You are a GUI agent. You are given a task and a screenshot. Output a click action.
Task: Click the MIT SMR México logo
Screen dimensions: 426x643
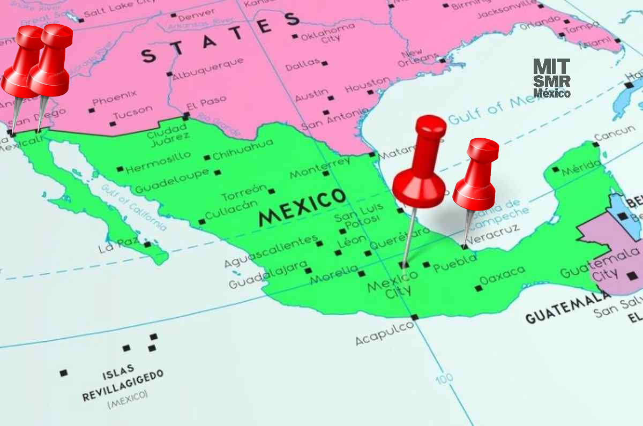pos(552,78)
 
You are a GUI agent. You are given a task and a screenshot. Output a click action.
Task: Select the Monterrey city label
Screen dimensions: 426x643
pos(319,167)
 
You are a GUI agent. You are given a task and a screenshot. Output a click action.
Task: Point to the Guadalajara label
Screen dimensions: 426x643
pos(268,274)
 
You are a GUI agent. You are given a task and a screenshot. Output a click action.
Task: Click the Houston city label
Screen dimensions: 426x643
pos(368,84)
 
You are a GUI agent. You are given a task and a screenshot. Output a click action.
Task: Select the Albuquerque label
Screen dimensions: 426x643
pos(208,69)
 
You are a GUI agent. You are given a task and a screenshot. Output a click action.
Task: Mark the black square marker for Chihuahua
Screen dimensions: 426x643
pos(207,158)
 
